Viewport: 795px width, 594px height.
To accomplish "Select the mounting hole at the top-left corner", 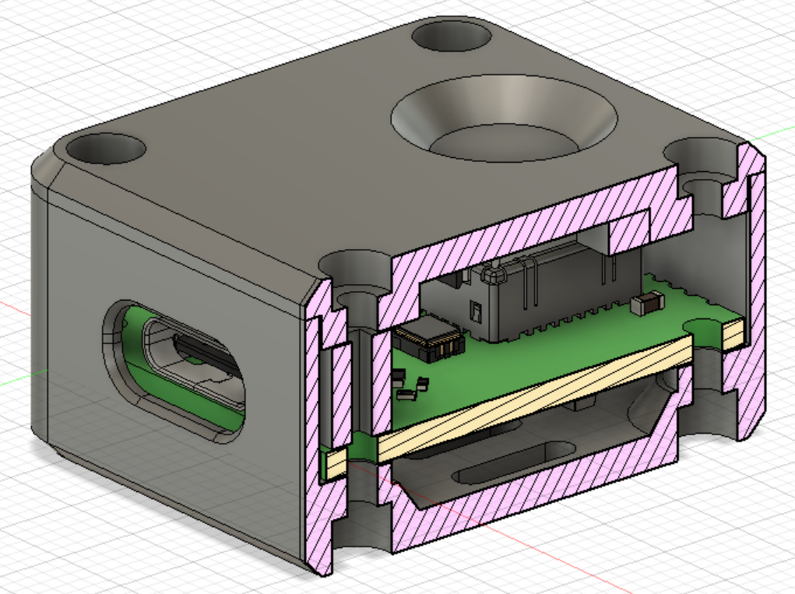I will point(106,148).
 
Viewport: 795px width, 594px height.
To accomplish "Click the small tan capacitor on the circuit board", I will point(648,304).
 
